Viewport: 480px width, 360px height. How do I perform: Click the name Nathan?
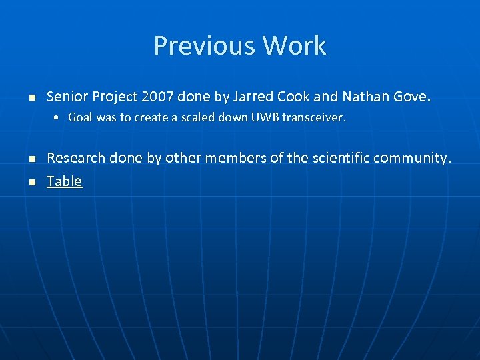click(x=365, y=97)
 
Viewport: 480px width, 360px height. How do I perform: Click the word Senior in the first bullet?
click(x=67, y=97)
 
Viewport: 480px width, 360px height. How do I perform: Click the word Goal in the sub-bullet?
click(x=80, y=118)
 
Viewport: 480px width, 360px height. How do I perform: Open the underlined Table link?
click(x=64, y=181)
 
